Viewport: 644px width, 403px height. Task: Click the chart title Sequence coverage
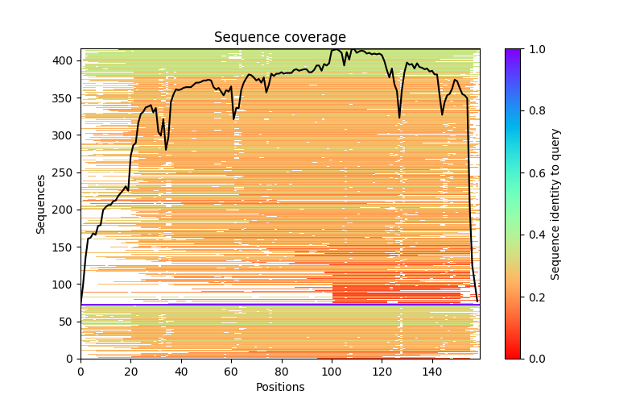[279, 37]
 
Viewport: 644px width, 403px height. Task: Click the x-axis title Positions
[279, 387]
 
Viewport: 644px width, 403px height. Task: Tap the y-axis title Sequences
[41, 204]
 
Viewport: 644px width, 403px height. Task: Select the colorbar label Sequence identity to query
[555, 204]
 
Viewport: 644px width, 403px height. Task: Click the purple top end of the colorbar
[512, 51]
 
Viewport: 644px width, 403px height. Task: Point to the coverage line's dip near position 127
[399, 118]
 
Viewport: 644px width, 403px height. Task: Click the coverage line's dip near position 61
[234, 119]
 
